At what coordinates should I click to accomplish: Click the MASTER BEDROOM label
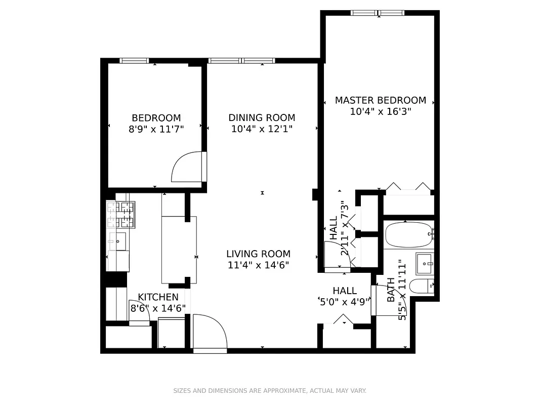pos(380,100)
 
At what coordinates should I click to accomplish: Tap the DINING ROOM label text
pos(262,117)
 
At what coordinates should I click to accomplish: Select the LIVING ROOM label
pos(258,254)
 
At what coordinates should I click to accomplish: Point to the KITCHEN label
pos(158,297)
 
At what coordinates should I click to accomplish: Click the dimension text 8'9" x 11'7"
pos(156,129)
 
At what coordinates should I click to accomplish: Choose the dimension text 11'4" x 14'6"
pos(258,265)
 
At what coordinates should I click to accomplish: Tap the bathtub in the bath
pos(408,235)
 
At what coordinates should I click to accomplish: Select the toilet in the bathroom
pos(422,287)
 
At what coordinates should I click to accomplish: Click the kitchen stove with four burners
pos(121,215)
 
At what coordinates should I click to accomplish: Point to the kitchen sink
pos(117,241)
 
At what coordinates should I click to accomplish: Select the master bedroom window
pos(378,13)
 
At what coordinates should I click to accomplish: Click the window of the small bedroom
pos(134,61)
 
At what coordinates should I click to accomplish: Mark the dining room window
pos(241,61)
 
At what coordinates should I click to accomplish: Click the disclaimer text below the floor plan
pos(270,391)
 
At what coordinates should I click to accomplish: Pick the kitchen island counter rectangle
pos(179,249)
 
